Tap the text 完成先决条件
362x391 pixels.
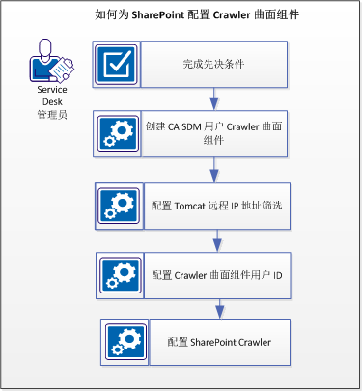(211, 65)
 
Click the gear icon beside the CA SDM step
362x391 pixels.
(120, 133)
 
